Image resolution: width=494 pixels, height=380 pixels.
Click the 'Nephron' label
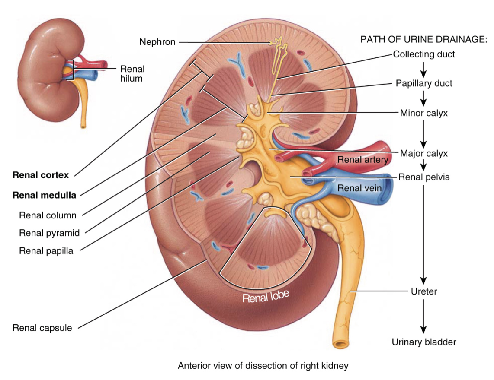point(157,42)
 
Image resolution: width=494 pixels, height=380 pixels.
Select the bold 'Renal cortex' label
point(41,175)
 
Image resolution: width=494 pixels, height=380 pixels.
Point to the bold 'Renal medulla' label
point(45,195)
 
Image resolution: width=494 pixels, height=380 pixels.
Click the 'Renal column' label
point(48,215)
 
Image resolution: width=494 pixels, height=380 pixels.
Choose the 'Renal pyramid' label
point(49,233)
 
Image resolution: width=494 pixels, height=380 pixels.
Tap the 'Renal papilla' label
point(46,251)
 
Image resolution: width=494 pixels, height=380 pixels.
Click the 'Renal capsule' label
point(42,328)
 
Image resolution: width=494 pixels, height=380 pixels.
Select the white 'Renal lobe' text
point(265,297)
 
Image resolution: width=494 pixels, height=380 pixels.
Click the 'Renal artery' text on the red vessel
point(362,160)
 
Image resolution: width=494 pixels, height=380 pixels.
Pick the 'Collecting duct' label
point(424,54)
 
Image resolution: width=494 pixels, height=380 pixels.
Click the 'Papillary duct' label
point(424,83)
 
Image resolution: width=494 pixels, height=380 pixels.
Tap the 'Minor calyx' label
point(424,114)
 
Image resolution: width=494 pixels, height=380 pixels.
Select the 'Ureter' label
point(423,291)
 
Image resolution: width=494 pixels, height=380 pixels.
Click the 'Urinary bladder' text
point(424,342)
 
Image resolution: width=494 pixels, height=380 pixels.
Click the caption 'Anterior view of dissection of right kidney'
point(263,366)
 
